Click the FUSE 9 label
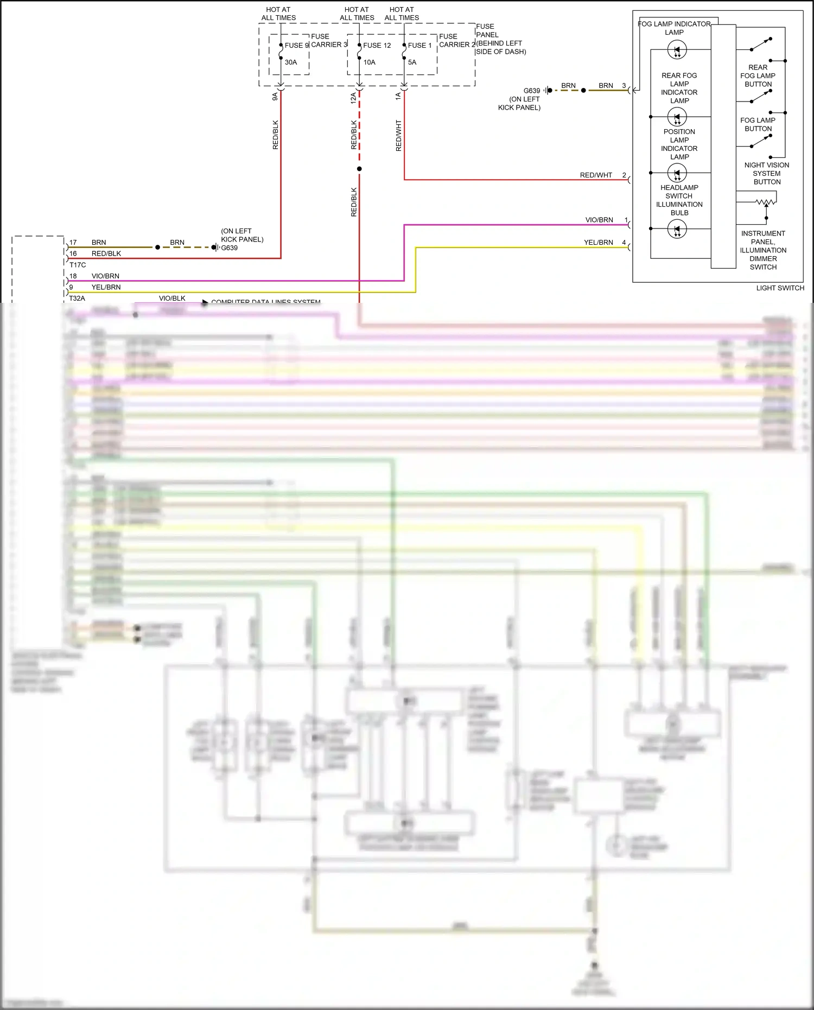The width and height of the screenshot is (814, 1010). click(x=296, y=46)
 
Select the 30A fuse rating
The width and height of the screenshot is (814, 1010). click(x=291, y=62)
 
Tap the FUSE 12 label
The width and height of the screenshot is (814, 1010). click(x=377, y=46)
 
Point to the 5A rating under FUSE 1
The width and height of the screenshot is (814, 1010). click(x=412, y=62)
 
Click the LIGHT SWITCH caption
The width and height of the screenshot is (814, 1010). click(x=780, y=288)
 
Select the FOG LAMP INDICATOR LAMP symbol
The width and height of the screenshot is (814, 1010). click(x=677, y=50)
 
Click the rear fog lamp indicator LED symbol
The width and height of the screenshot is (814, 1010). click(x=677, y=117)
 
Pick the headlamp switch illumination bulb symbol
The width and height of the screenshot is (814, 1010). click(x=677, y=230)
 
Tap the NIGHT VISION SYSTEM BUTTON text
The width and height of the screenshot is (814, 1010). click(x=766, y=174)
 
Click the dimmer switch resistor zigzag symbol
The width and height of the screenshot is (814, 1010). click(x=765, y=202)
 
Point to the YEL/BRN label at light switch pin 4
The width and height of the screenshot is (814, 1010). click(x=598, y=243)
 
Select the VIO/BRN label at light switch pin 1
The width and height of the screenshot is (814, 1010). click(x=599, y=220)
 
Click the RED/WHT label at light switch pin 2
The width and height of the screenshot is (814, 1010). click(x=595, y=175)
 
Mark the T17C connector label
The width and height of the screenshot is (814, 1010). click(x=78, y=265)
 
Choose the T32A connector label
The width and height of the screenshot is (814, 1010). click(x=77, y=298)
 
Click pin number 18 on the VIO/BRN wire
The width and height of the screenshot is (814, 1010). click(x=73, y=276)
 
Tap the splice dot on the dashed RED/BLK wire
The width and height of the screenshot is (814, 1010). click(x=359, y=169)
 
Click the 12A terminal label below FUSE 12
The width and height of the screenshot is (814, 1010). click(x=353, y=98)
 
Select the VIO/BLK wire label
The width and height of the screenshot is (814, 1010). click(x=172, y=298)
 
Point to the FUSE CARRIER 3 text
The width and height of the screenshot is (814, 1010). click(x=328, y=41)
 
